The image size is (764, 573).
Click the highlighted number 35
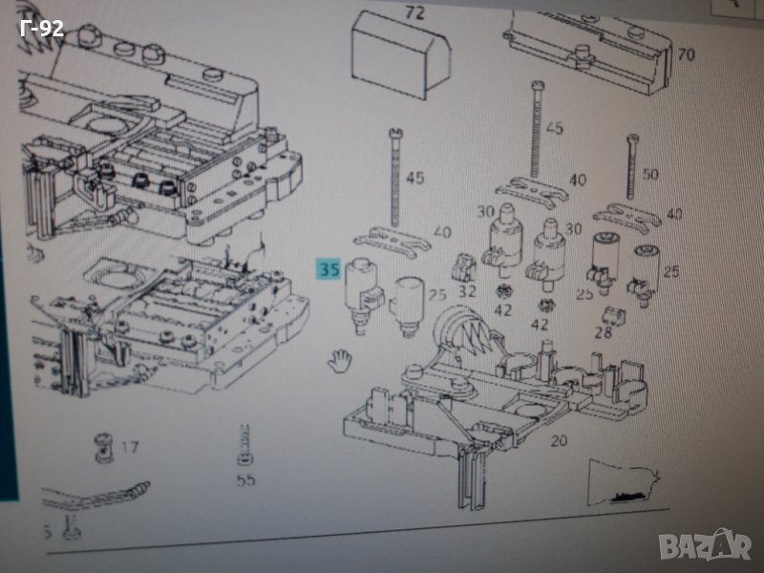click(329, 270)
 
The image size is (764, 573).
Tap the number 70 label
click(685, 54)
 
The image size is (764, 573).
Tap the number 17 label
click(130, 445)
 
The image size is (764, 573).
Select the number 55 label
click(245, 480)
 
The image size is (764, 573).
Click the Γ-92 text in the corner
click(41, 29)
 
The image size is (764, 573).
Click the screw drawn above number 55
click(244, 445)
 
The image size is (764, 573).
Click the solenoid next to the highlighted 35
click(363, 294)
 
